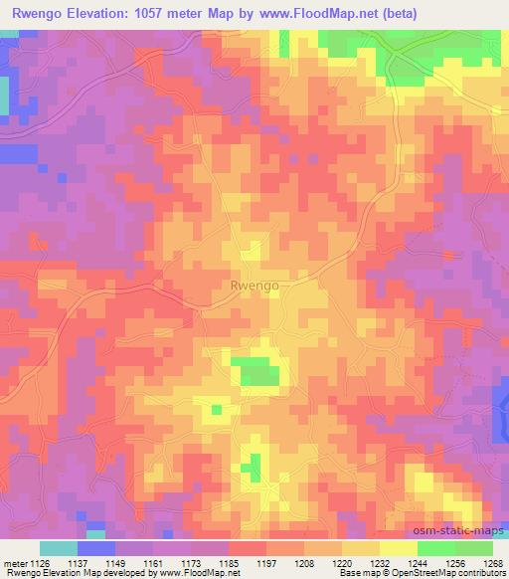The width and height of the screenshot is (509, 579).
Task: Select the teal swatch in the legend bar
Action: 59,548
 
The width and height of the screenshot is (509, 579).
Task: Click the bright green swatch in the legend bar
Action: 435,548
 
